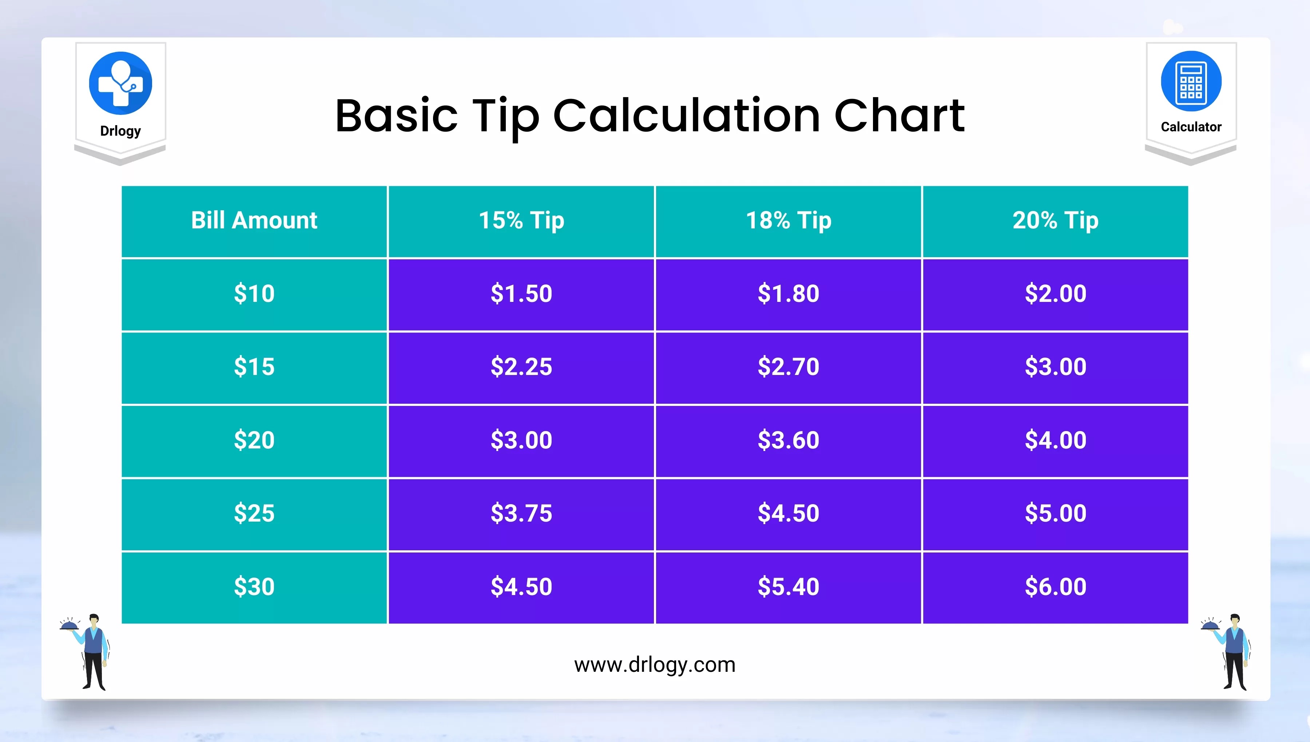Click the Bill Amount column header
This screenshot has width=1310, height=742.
click(x=254, y=221)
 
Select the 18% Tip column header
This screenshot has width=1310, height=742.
click(x=788, y=221)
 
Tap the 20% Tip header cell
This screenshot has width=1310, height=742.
click(x=1055, y=221)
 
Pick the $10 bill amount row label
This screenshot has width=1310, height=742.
click(x=254, y=294)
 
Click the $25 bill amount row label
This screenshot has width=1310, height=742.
click(x=254, y=514)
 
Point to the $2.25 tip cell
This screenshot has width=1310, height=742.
click(x=521, y=367)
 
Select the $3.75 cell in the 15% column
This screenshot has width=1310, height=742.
click(x=521, y=514)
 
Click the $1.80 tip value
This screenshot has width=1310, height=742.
click(x=788, y=294)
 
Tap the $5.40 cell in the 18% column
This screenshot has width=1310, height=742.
click(x=788, y=587)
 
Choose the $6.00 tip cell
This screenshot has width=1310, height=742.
click(x=1055, y=587)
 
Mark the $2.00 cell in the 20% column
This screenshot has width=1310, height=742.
click(x=1055, y=294)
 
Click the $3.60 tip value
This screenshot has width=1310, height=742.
click(x=788, y=441)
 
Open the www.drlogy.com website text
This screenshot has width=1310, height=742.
click(x=655, y=665)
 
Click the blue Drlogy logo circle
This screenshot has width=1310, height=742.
click(x=120, y=83)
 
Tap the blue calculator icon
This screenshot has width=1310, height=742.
click(x=1191, y=81)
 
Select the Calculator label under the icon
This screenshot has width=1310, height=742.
click(x=1191, y=127)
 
